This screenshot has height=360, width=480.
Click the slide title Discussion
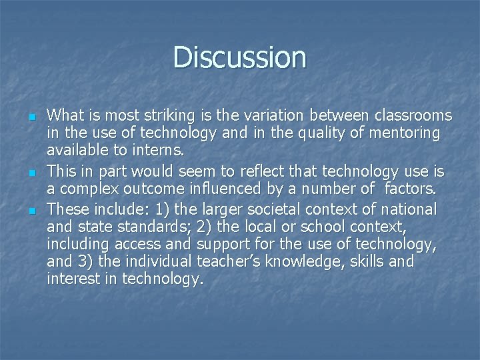240,57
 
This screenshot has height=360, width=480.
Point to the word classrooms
413,115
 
